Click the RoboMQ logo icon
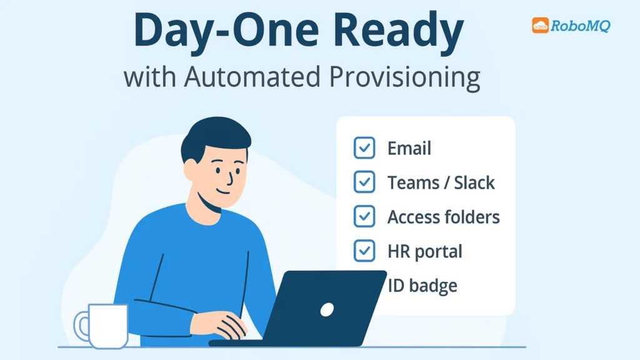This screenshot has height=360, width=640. [x=540, y=25]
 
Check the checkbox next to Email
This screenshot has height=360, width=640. [x=364, y=148]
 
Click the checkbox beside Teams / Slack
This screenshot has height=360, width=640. [x=364, y=182]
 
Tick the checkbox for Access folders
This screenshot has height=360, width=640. [x=364, y=216]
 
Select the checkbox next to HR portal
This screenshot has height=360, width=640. [x=364, y=251]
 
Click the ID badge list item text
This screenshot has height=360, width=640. [x=422, y=286]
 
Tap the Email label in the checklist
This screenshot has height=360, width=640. [x=409, y=149]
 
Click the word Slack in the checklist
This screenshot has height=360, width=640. [x=474, y=182]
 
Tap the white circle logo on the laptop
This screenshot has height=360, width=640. [x=327, y=309]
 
